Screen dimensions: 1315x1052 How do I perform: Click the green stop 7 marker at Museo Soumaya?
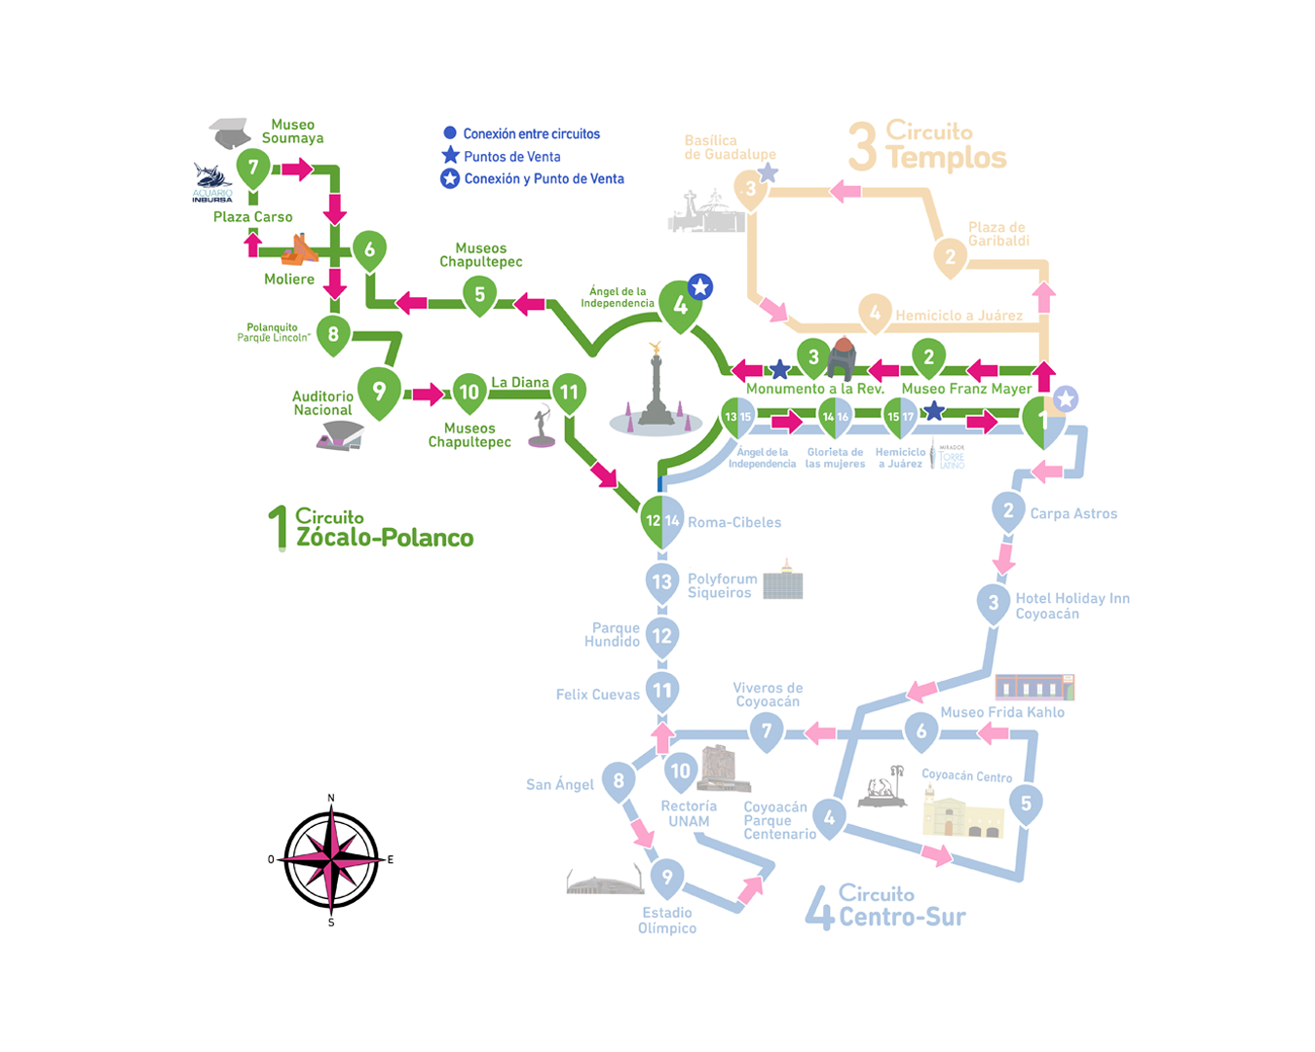click(253, 169)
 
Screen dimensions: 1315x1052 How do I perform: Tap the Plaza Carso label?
click(253, 217)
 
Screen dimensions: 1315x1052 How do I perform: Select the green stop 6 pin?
click(369, 250)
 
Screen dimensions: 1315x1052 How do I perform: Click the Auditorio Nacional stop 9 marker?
click(379, 392)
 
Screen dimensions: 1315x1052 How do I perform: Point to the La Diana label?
click(519, 383)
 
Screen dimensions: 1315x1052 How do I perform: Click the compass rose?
click(331, 859)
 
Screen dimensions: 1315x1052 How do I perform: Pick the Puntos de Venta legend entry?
click(511, 157)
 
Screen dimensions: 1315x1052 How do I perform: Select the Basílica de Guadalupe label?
click(730, 148)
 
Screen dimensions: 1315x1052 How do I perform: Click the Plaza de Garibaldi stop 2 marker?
click(951, 258)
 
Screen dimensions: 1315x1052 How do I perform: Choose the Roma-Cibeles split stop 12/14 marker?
click(662, 522)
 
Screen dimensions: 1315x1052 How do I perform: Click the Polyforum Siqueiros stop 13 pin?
click(662, 582)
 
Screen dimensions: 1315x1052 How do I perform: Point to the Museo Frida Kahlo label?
click(1001, 712)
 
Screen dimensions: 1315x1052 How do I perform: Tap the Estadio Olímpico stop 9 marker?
click(667, 879)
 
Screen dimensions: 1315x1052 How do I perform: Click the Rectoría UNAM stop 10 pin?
click(680, 772)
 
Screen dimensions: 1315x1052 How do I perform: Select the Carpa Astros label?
click(1073, 513)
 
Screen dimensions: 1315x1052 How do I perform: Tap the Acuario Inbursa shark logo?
click(211, 178)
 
